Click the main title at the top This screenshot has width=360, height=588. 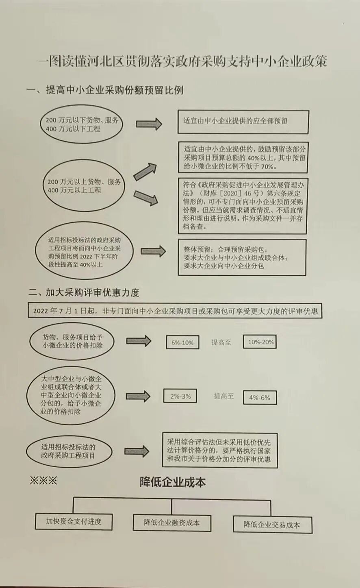pyautogui.click(x=181, y=61)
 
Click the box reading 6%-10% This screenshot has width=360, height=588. pyautogui.click(x=182, y=342)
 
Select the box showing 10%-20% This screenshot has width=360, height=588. pyautogui.click(x=260, y=342)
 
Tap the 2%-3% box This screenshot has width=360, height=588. pyautogui.click(x=180, y=396)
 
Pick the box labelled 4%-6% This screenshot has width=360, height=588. pyautogui.click(x=260, y=398)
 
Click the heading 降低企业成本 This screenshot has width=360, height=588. pyautogui.click(x=173, y=482)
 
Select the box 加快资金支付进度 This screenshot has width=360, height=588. pyautogui.click(x=74, y=521)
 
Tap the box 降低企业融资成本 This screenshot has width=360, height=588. pyautogui.click(x=172, y=523)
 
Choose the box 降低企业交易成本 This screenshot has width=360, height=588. pyautogui.click(x=272, y=525)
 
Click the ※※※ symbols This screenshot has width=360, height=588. pyautogui.click(x=43, y=481)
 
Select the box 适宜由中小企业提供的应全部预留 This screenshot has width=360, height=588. pyautogui.click(x=243, y=121)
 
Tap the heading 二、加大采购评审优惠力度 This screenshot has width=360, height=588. pyautogui.click(x=84, y=292)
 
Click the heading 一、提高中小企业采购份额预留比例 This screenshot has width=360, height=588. pyautogui.click(x=105, y=90)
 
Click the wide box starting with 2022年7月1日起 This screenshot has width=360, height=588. pyautogui.click(x=175, y=311)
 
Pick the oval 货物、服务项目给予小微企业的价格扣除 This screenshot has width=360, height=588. pyautogui.click(x=72, y=341)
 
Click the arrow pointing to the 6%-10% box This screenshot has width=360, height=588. pyautogui.click(x=138, y=341)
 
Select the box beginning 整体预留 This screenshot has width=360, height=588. pyautogui.click(x=242, y=257)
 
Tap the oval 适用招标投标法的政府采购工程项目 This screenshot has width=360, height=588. pyautogui.click(x=69, y=451)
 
